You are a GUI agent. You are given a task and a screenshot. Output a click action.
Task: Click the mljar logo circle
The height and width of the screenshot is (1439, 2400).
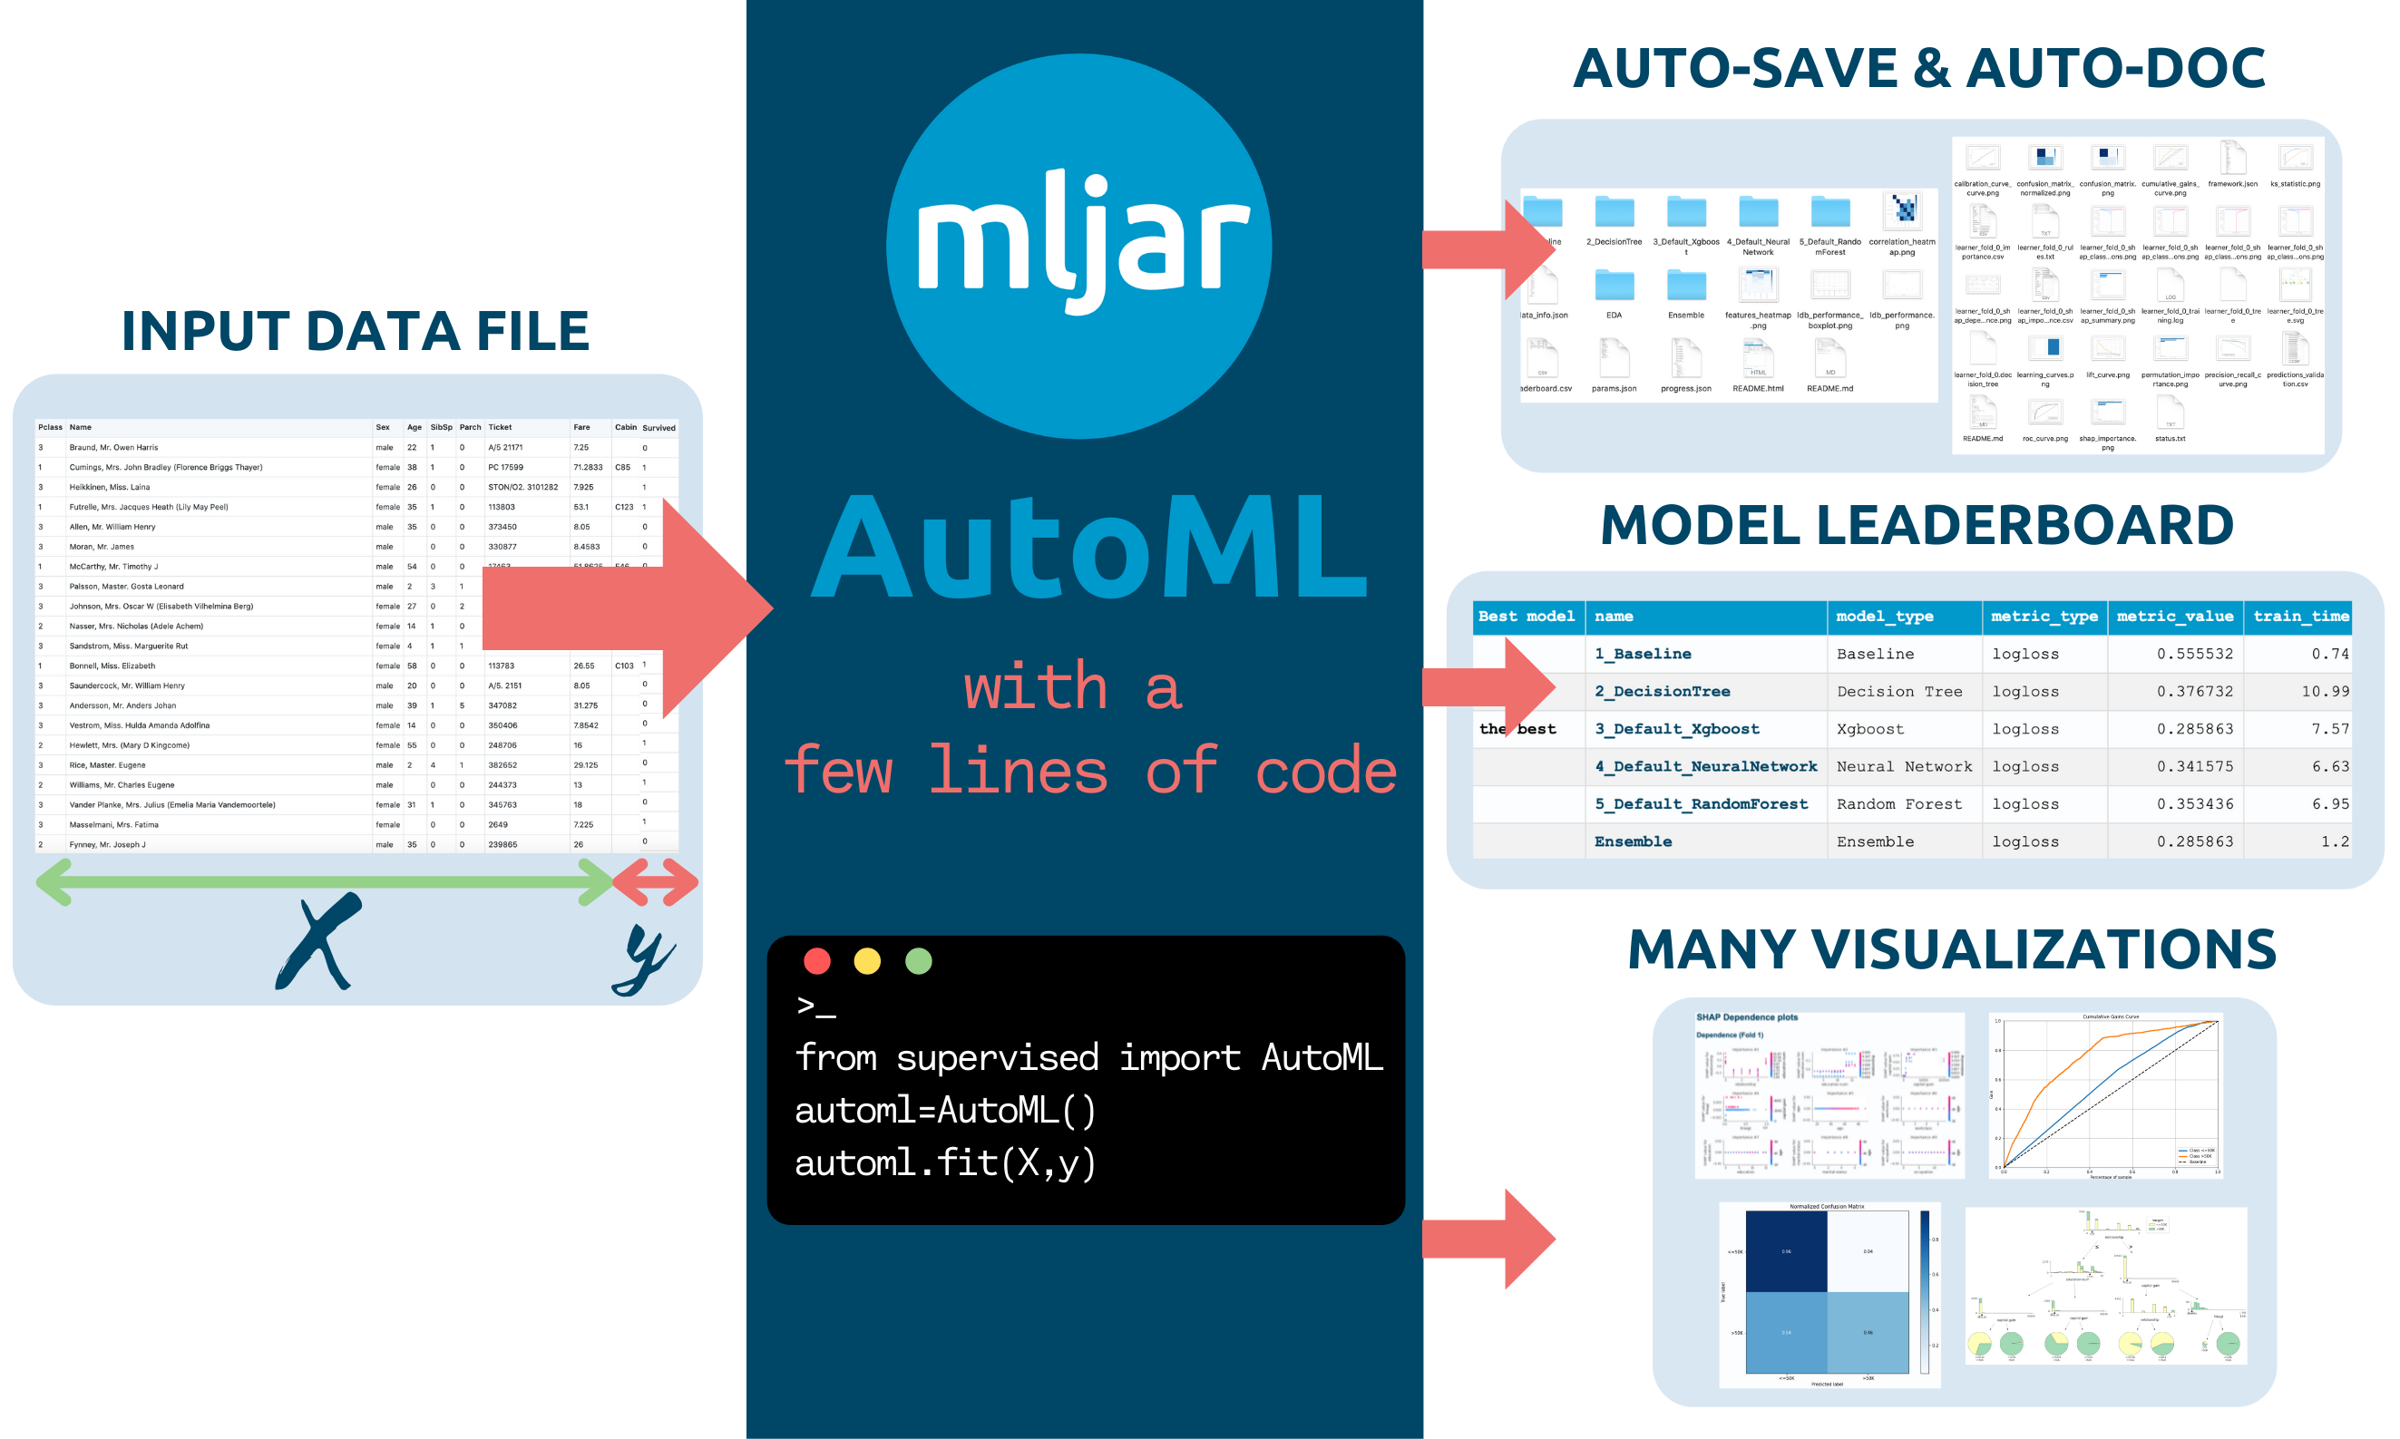click(1078, 246)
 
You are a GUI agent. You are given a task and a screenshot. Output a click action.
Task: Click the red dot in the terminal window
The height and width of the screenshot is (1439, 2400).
click(816, 960)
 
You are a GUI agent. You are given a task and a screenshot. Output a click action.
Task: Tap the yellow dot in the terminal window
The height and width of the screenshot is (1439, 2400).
click(867, 960)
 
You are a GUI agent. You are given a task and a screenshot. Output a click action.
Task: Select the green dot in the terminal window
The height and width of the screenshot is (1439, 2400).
click(917, 960)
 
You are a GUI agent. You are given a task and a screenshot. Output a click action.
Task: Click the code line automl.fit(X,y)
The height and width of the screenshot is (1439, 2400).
click(944, 1162)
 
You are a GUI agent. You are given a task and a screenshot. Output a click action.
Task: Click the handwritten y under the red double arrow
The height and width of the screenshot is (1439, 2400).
click(645, 958)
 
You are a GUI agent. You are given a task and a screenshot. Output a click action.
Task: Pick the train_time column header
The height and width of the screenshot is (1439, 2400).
click(2300, 616)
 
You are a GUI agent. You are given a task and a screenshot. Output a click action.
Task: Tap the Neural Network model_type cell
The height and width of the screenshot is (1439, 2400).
click(1904, 766)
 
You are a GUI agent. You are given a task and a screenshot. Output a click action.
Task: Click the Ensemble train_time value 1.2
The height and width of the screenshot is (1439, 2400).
click(2334, 841)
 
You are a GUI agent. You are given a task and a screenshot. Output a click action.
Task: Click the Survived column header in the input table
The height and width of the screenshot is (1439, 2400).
click(659, 428)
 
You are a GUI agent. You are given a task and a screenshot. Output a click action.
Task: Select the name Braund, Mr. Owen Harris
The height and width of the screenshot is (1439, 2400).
click(113, 447)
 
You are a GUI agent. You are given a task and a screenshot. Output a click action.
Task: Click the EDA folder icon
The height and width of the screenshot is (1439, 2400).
click(1614, 285)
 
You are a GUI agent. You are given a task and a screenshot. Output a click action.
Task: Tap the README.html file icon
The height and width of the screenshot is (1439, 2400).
click(1757, 359)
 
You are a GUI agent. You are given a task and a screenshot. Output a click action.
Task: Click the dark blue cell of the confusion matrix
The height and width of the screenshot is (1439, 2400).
click(1785, 1251)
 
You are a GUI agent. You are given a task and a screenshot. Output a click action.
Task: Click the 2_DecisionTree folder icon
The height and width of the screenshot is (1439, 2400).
click(1614, 211)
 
